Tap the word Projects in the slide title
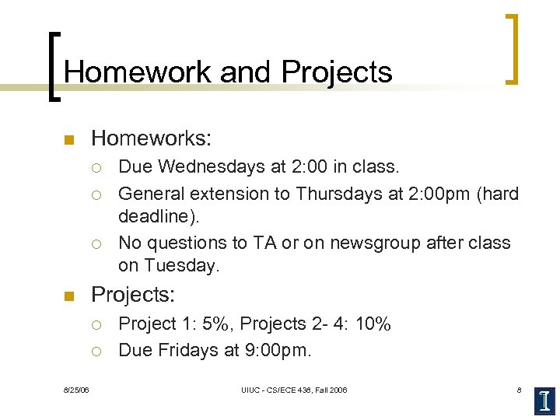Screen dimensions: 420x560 pyautogui.click(x=337, y=72)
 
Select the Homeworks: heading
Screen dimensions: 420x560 pyautogui.click(x=151, y=139)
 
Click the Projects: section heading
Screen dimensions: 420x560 pyautogui.click(x=133, y=295)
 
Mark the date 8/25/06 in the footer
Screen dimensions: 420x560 pyautogui.click(x=76, y=390)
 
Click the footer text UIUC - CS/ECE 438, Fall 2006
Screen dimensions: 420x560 pyautogui.click(x=294, y=390)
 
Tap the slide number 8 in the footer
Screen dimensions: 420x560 pyautogui.click(x=519, y=390)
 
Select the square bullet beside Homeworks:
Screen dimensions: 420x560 pyautogui.click(x=68, y=141)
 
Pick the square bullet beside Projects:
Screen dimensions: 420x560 pyautogui.click(x=68, y=296)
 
